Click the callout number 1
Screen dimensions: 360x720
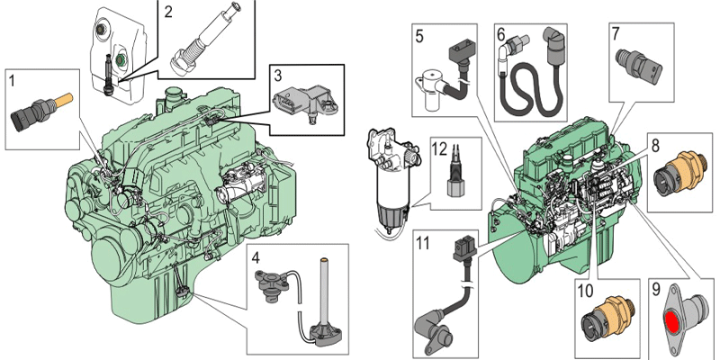[x=13, y=80]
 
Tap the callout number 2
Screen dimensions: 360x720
[x=168, y=12]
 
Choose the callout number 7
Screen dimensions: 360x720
[x=616, y=34]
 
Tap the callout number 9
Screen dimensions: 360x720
[x=655, y=290]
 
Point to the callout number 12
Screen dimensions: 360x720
[x=439, y=147]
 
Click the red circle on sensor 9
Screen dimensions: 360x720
[x=672, y=317]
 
